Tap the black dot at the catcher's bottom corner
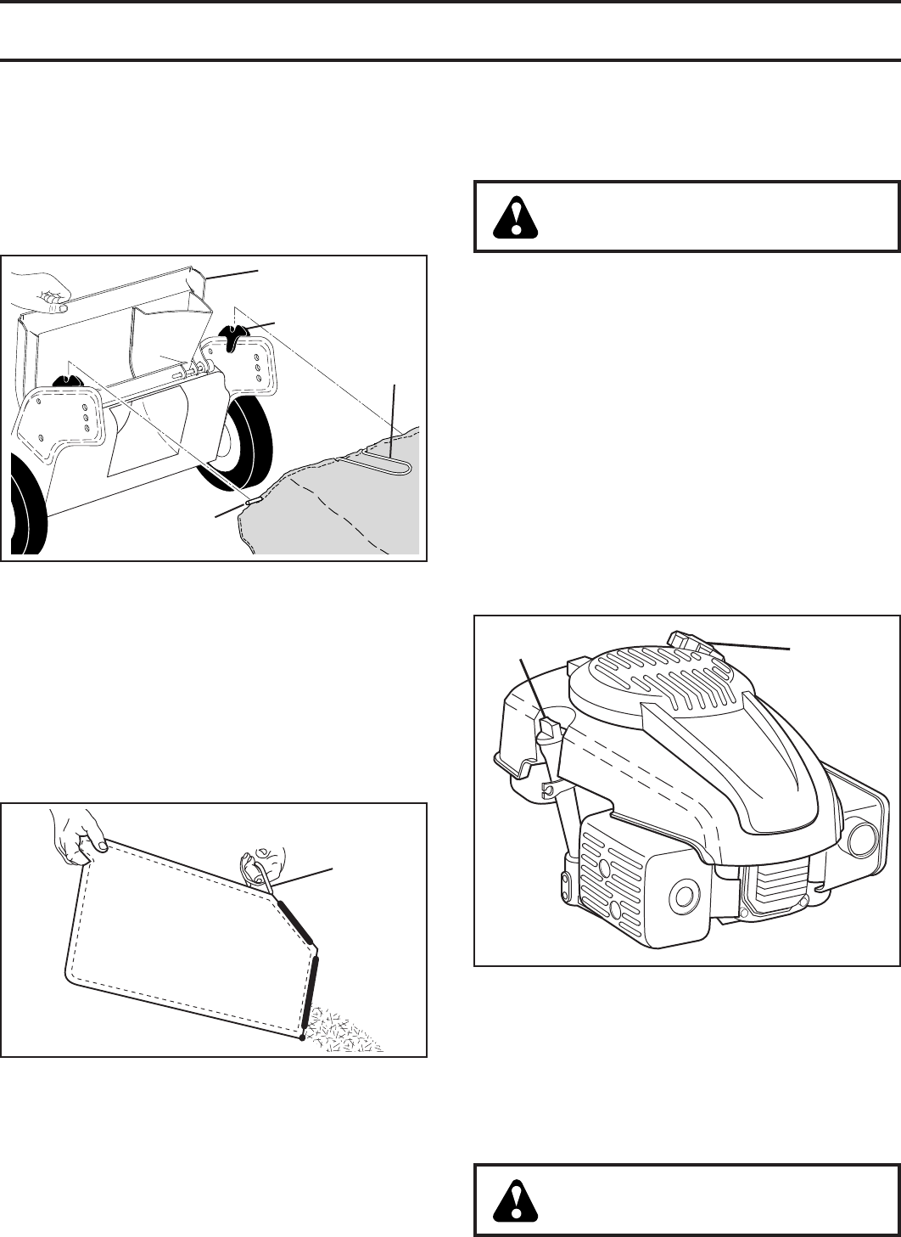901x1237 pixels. pyautogui.click(x=302, y=1037)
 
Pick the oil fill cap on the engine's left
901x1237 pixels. pyautogui.click(x=547, y=726)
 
